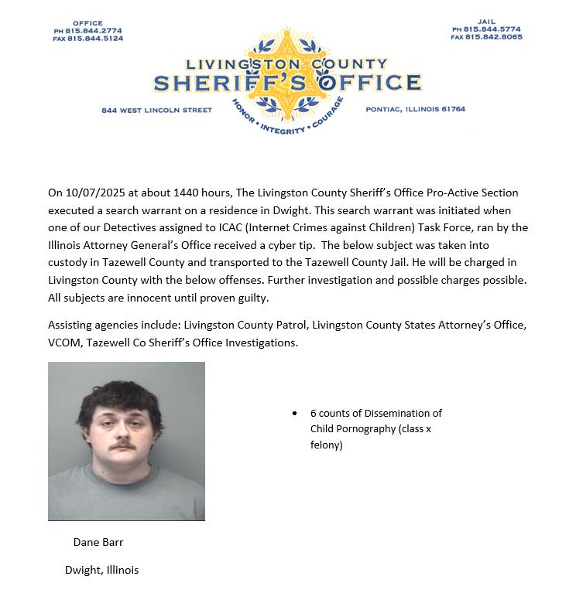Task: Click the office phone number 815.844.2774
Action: (94, 31)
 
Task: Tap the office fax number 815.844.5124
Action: (94, 38)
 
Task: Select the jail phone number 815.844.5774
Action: (492, 29)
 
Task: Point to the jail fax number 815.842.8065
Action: (492, 36)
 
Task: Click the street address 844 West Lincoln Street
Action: (156, 110)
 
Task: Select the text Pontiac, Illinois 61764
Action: (415, 109)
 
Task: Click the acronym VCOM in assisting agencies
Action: (64, 342)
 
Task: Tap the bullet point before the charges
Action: (294, 414)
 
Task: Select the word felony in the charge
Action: (326, 445)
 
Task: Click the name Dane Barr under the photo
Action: (98, 542)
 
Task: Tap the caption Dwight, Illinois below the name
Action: (101, 570)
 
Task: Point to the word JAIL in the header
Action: (486, 22)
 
